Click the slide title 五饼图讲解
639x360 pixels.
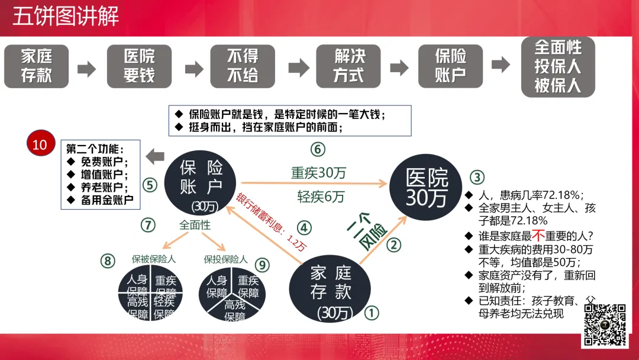66,16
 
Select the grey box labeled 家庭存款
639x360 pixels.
37,66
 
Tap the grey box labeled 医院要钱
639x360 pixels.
139,66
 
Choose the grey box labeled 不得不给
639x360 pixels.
243,66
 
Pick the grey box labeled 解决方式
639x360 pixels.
350,66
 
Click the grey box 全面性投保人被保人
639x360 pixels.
558,67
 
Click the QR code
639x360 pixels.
605,324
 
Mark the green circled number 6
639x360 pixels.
318,149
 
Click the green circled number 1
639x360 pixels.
371,312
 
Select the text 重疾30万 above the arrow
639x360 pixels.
318,173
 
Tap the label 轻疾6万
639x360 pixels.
321,197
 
